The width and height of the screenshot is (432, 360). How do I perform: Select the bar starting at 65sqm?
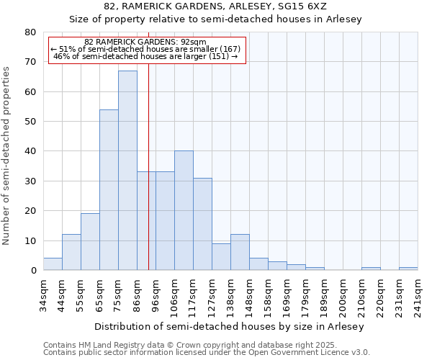pyautogui.click(x=109, y=190)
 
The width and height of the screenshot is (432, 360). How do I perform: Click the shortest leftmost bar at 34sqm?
pyautogui.click(x=53, y=264)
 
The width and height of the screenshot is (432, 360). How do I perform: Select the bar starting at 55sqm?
pyautogui.click(x=90, y=242)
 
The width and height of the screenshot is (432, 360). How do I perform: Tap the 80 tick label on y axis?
pyautogui.click(x=30, y=32)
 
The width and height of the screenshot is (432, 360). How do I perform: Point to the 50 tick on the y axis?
pyautogui.click(x=30, y=122)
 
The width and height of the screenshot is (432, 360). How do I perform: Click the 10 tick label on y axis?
pyautogui.click(x=30, y=240)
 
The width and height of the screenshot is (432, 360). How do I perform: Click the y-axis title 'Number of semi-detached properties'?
pyautogui.click(x=7, y=156)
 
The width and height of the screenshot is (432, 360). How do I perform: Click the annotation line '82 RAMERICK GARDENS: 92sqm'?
pyautogui.click(x=145, y=42)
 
